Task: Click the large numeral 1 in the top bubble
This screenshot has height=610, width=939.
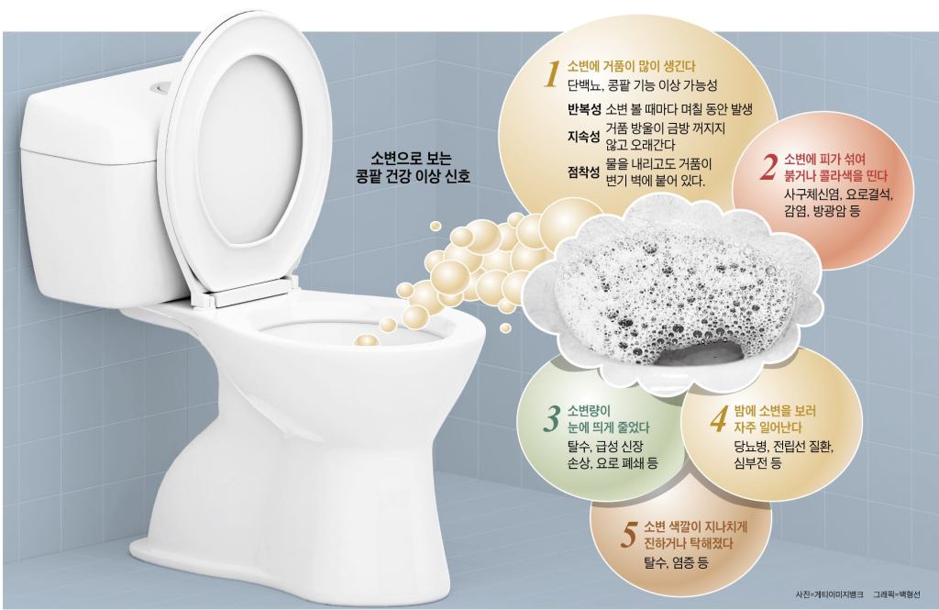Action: pos(551,74)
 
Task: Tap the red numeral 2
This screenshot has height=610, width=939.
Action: pos(768,168)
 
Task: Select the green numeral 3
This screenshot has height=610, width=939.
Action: pos(550,419)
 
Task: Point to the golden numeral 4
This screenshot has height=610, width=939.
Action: pos(718,419)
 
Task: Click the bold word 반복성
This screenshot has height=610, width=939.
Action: pos(584,109)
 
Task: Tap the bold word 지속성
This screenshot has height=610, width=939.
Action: pos(584,137)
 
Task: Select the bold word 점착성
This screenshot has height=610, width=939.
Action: pos(584,172)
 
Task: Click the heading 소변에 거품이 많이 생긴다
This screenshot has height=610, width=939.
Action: pos(631,67)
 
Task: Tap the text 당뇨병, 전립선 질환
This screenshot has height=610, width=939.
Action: pos(784,447)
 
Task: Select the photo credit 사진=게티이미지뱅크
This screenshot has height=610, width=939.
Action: pos(829,594)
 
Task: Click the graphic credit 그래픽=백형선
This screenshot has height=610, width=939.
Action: pos(897,594)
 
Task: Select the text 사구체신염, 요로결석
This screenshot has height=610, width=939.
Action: pos(838,194)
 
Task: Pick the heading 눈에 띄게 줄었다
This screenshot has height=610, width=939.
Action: pos(608,427)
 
